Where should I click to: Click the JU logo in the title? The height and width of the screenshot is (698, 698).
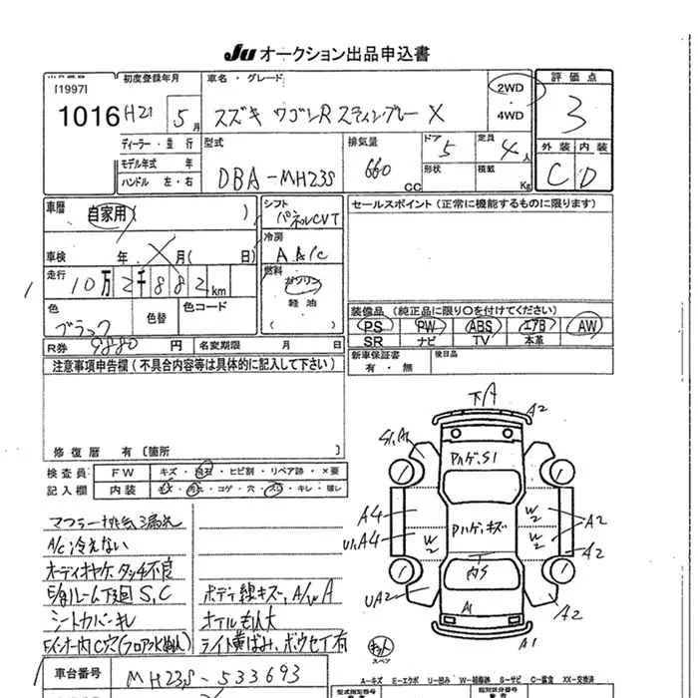tap(240, 53)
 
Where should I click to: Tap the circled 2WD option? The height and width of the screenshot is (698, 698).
tap(510, 87)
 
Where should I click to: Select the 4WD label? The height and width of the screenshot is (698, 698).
tap(510, 115)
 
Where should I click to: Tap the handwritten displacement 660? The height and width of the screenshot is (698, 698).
tap(376, 170)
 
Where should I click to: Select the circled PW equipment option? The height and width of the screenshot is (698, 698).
tap(427, 326)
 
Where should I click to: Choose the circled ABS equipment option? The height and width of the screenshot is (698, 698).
tap(481, 326)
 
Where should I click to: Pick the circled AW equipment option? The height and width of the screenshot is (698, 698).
tap(588, 326)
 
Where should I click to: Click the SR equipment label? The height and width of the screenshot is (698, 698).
tap(373, 341)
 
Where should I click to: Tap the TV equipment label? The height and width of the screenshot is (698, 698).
tap(481, 341)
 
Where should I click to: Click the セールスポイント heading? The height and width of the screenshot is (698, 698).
tap(396, 203)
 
